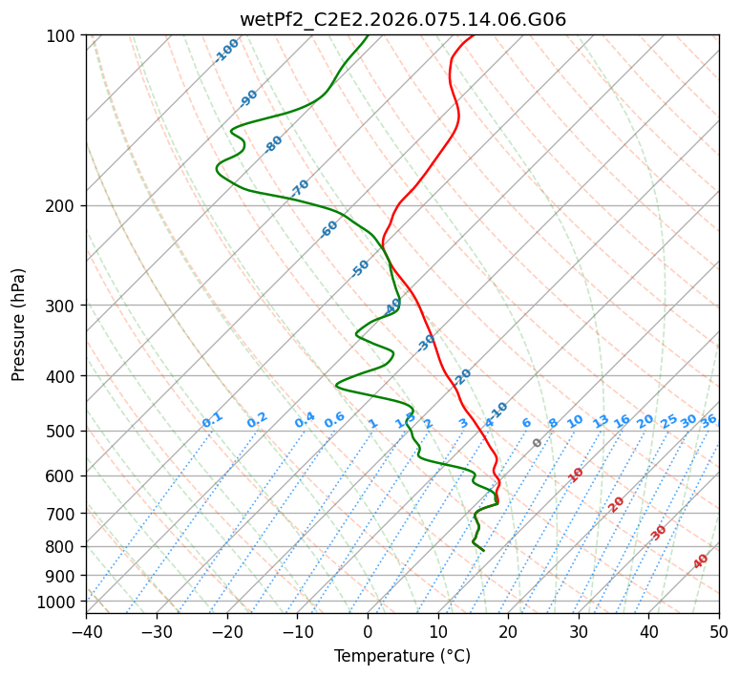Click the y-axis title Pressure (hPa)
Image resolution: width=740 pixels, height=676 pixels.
tap(19, 324)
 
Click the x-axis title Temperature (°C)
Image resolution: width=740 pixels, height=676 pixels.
tap(402, 656)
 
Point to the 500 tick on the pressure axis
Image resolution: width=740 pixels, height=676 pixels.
tap(62, 431)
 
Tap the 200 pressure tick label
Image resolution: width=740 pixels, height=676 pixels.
tap(62, 205)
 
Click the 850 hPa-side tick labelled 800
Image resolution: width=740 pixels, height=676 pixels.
tap(62, 546)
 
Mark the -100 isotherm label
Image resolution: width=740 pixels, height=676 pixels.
tap(226, 50)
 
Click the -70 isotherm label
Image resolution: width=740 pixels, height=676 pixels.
tap(300, 188)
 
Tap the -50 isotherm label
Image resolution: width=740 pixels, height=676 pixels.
tap(360, 268)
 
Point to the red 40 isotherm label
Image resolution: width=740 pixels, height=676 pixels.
tap(701, 561)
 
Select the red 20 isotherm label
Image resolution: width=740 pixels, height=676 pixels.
tap(617, 503)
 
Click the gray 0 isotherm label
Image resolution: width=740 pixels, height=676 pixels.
tap(537, 443)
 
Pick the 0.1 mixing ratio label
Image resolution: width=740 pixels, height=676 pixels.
tap(212, 420)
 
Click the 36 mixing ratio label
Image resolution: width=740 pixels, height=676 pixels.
tap(708, 420)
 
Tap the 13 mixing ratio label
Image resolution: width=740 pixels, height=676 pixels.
tap(601, 421)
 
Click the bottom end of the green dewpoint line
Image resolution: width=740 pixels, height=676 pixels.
tap(483, 551)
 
